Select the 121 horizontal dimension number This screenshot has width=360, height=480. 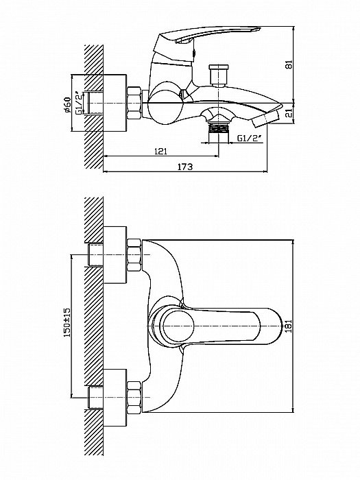pos(161,152)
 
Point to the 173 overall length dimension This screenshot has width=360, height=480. pos(186,167)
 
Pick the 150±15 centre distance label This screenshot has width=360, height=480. pos(67,322)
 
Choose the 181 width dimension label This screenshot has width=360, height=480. pos(289,326)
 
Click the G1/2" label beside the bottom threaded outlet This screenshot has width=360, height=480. pos(250,139)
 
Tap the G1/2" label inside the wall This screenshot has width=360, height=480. pos(79,103)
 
